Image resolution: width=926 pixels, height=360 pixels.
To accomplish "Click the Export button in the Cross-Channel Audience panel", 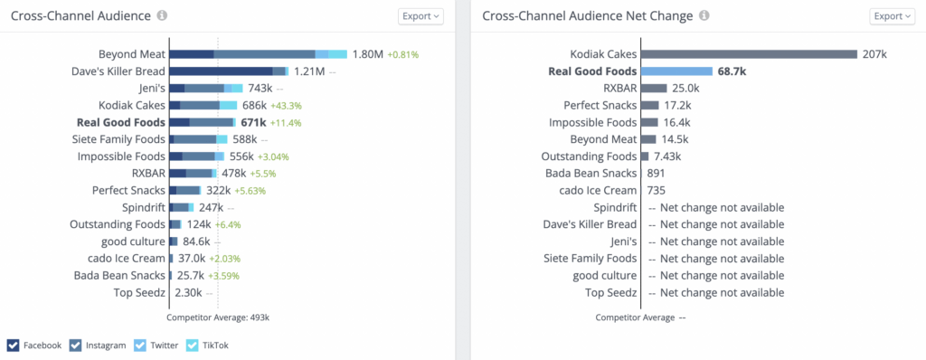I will click(x=420, y=16).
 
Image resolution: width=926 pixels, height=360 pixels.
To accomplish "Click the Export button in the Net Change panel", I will click(x=893, y=16).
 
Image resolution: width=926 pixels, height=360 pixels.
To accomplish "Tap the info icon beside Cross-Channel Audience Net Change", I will click(x=704, y=16).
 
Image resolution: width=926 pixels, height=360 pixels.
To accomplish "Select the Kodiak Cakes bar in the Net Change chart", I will click(x=749, y=54).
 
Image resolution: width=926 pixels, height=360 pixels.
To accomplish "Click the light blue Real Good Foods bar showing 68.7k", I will click(x=676, y=71).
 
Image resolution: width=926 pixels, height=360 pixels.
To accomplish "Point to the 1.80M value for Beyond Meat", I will click(x=368, y=54).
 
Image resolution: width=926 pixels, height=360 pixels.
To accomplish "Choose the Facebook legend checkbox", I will click(x=14, y=345).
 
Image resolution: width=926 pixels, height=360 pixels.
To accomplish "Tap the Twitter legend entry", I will click(x=157, y=345).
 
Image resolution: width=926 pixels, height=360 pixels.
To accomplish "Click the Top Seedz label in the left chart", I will click(x=139, y=292).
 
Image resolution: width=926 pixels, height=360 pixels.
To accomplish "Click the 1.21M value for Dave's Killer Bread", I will click(x=309, y=71).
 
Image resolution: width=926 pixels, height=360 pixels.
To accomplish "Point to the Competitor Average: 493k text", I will click(x=218, y=317).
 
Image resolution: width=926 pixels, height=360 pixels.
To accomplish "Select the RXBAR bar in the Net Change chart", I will click(x=654, y=88).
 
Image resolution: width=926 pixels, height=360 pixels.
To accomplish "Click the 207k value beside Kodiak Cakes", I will click(x=874, y=54).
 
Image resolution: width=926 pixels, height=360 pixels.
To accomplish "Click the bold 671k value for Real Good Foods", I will click(x=253, y=122).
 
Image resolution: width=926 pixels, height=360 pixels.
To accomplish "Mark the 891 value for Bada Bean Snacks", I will click(x=657, y=173).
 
